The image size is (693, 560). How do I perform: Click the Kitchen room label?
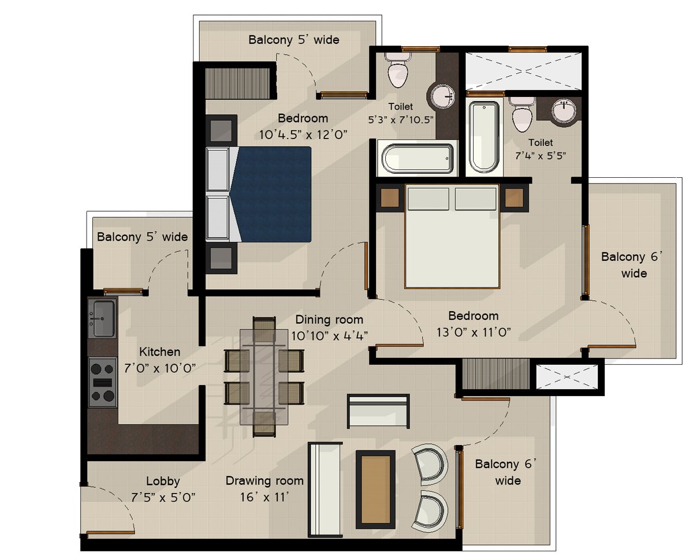click(159, 352)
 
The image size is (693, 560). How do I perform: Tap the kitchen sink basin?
click(103, 318)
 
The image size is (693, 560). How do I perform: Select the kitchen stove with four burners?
click(102, 382)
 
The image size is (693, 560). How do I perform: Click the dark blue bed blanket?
click(271, 194)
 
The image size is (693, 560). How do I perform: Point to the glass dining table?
click(264, 377)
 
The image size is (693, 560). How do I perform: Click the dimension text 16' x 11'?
click(264, 497)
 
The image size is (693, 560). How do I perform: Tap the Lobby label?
click(163, 481)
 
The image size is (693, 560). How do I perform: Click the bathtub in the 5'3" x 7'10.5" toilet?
click(417, 159)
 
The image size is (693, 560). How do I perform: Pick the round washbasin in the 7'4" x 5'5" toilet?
click(564, 111)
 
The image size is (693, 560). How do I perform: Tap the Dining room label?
click(329, 319)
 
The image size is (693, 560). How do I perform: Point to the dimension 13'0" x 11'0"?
click(474, 333)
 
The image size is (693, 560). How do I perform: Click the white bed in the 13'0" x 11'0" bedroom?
click(452, 237)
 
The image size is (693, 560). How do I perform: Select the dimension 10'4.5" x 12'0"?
click(303, 135)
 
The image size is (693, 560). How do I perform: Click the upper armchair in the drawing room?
click(430, 464)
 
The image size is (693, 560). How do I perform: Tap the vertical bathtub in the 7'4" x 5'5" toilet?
click(484, 137)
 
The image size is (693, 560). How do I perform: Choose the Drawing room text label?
click(264, 480)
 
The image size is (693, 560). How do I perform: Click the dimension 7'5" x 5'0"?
click(163, 497)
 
